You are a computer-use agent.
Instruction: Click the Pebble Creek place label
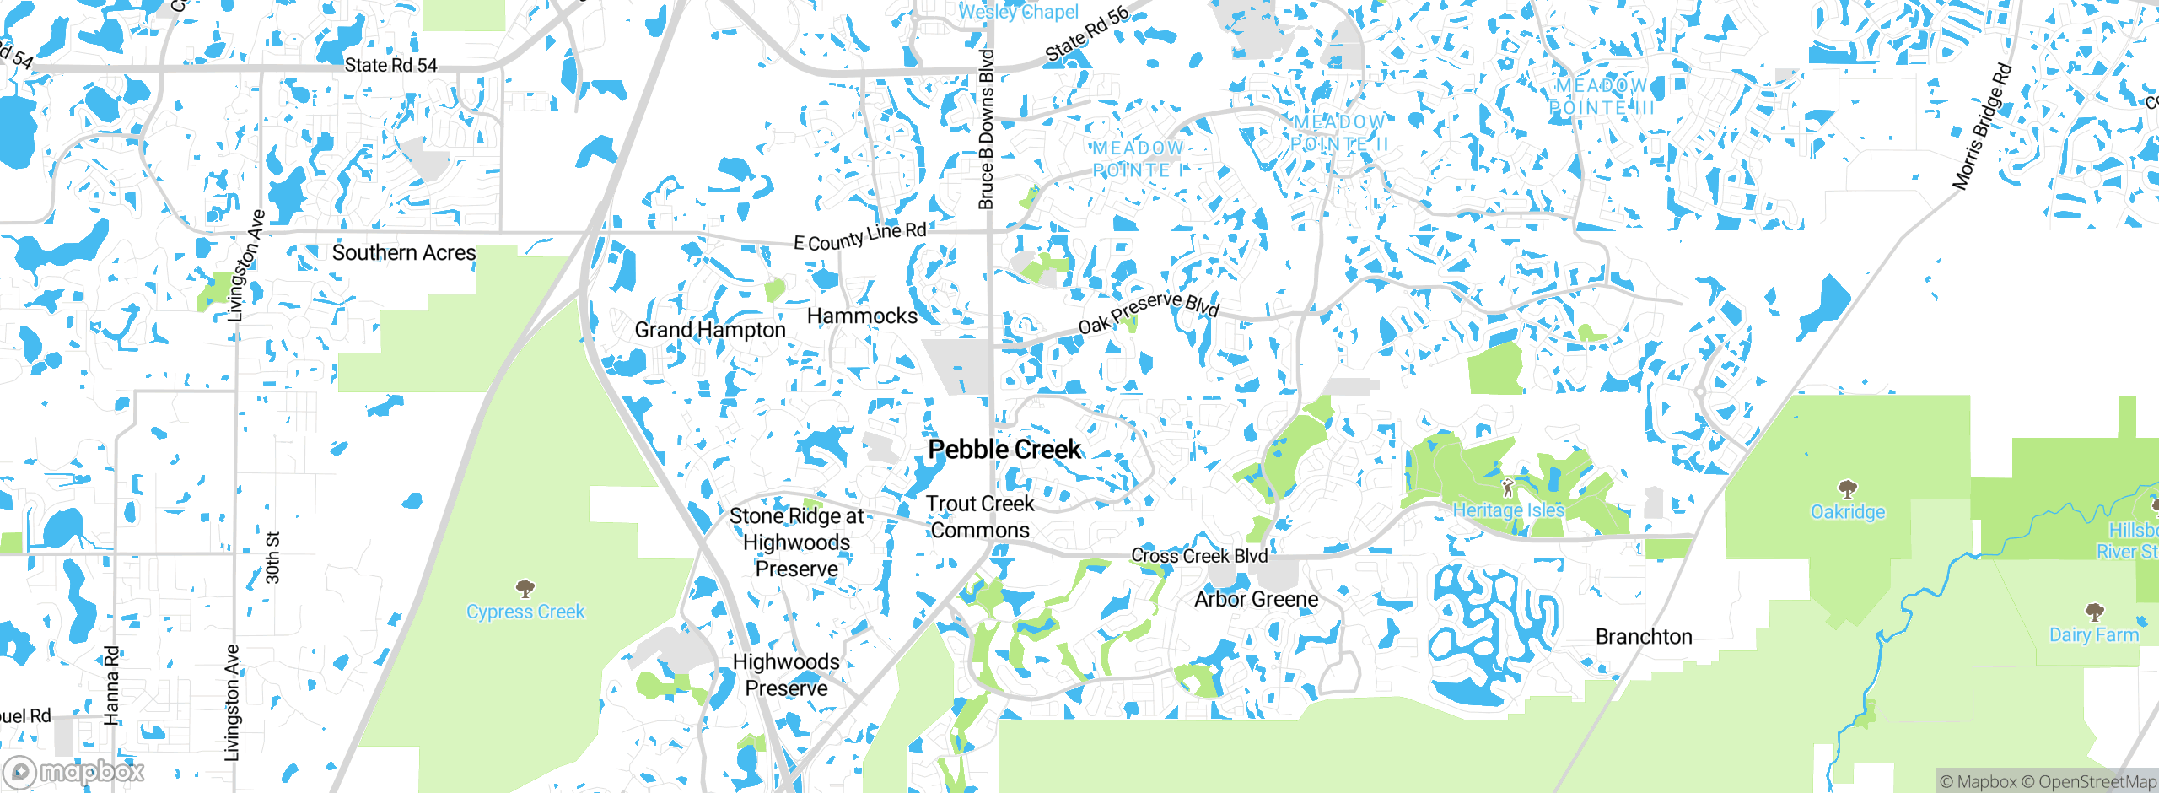tap(1004, 450)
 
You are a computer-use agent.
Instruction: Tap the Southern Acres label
tap(403, 253)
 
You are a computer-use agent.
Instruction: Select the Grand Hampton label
tap(709, 330)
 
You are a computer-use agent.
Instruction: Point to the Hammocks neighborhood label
tap(861, 316)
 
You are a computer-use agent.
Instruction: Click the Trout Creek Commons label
tap(979, 517)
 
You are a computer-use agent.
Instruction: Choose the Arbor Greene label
tap(1256, 600)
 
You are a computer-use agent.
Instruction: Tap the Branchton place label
tap(1643, 637)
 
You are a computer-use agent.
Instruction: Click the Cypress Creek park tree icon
tap(525, 587)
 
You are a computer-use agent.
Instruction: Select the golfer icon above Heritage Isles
tap(1508, 488)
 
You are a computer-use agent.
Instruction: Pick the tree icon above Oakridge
tap(1847, 488)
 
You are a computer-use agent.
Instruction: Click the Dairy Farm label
tap(2093, 635)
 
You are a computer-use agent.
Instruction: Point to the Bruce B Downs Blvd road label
tap(986, 129)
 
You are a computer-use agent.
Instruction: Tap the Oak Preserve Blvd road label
tap(1149, 312)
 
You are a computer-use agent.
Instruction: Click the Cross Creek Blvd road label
tap(1198, 556)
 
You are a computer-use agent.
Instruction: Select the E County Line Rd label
tap(859, 237)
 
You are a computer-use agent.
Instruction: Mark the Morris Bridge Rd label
tap(1982, 127)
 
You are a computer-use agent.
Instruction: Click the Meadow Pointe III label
tap(1601, 97)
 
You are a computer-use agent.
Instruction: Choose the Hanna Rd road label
tap(111, 685)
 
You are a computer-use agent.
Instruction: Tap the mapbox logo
tap(74, 772)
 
